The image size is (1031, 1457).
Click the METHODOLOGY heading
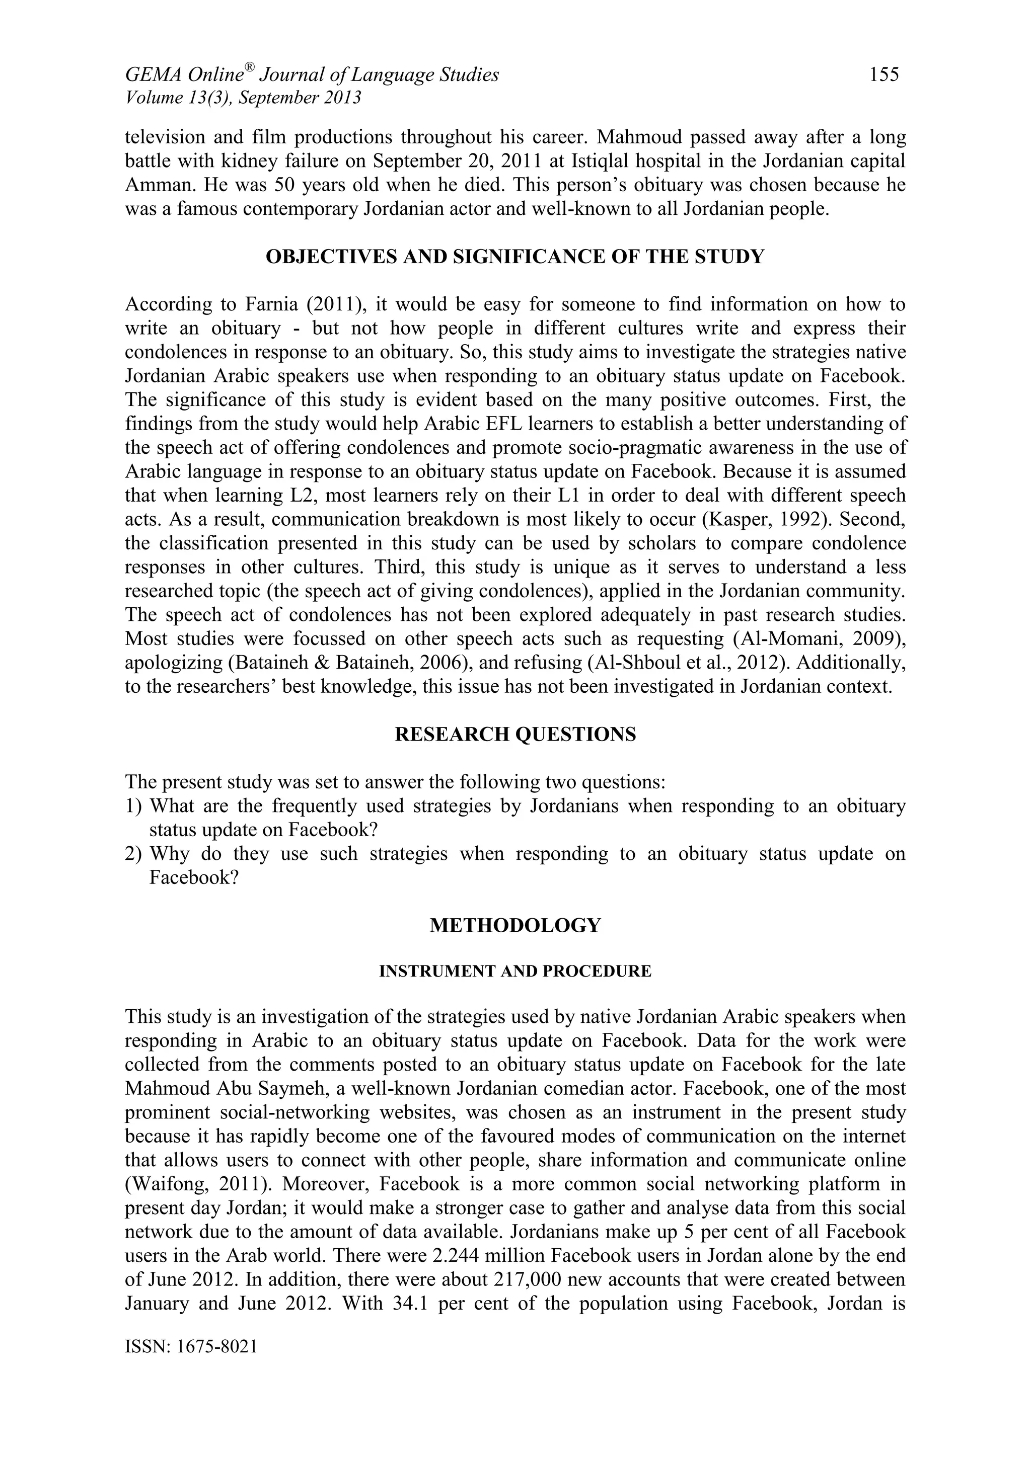click(515, 925)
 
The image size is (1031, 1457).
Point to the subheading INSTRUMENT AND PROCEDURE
click(515, 972)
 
